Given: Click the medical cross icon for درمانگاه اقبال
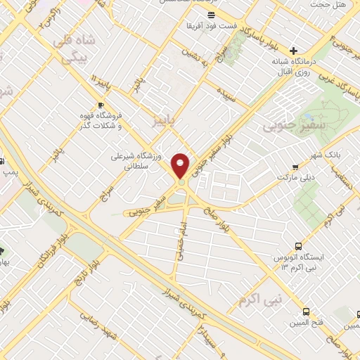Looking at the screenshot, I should [294, 51].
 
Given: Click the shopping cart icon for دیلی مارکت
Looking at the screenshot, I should [295, 167].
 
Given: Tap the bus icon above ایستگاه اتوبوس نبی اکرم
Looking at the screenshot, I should [298, 246].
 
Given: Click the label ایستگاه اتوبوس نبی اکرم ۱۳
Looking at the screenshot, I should [297, 262].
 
